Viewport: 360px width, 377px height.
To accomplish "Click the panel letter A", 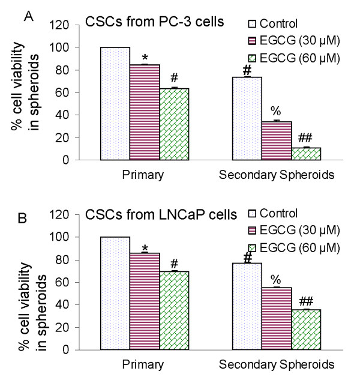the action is pyautogui.click(x=28, y=17).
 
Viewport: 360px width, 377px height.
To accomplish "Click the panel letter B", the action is pyautogui.click(x=23, y=219).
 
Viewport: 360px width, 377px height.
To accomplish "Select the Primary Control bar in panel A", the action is pyautogui.click(x=115, y=104).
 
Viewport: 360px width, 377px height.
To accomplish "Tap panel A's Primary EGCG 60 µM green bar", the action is pyautogui.click(x=174, y=124).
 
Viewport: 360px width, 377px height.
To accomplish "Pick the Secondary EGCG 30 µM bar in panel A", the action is pyautogui.click(x=277, y=140).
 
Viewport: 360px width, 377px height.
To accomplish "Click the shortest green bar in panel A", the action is pyautogui.click(x=306, y=154).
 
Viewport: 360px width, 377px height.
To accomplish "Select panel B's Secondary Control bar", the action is pyautogui.click(x=247, y=306).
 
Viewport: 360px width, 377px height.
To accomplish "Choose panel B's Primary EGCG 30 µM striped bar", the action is pyautogui.click(x=145, y=301).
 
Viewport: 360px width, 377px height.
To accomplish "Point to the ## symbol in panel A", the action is pyautogui.click(x=305, y=138).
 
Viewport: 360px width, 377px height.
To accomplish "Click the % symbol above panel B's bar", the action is pyautogui.click(x=275, y=280).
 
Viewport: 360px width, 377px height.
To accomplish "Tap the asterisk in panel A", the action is pyautogui.click(x=145, y=58).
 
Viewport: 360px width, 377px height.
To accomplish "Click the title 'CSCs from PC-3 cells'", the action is pyautogui.click(x=155, y=22).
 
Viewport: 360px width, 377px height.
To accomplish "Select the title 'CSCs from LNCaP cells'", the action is pyautogui.click(x=161, y=214).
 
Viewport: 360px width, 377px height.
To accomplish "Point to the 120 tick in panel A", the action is pyautogui.click(x=59, y=25).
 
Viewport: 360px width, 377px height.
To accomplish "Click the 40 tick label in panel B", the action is pyautogui.click(x=62, y=304).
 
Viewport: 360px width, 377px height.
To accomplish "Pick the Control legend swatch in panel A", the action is pyautogui.click(x=252, y=23).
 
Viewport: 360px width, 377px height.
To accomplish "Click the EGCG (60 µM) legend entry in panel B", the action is pyautogui.click(x=294, y=248).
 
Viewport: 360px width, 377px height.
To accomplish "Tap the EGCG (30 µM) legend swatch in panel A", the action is pyautogui.click(x=252, y=40).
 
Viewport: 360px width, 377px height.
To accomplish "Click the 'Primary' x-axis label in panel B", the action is pyautogui.click(x=143, y=365).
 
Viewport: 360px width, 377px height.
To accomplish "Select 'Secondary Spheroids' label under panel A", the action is pyautogui.click(x=277, y=175).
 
